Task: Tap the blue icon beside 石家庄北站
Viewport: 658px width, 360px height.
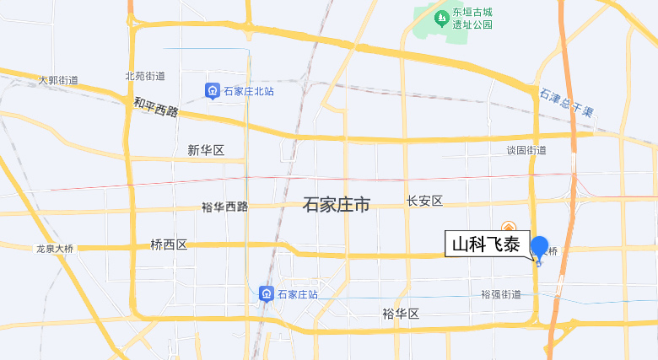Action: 213,90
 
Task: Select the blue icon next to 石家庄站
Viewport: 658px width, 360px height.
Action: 266,293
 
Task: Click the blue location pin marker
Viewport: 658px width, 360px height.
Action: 539,249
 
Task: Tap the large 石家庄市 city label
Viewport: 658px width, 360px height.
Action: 337,205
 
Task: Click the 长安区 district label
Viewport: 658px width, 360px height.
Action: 424,201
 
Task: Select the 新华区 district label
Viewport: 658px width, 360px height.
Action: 206,150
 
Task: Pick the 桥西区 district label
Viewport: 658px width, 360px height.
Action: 169,244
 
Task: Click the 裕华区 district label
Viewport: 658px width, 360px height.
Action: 401,314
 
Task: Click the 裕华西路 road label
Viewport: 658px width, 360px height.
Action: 225,207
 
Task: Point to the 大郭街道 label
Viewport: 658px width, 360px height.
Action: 58,80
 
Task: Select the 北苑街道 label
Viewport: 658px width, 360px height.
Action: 145,76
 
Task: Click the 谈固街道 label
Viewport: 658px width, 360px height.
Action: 526,150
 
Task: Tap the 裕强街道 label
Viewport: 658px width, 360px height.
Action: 501,294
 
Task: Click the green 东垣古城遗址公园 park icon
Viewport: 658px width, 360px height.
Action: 440,17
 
